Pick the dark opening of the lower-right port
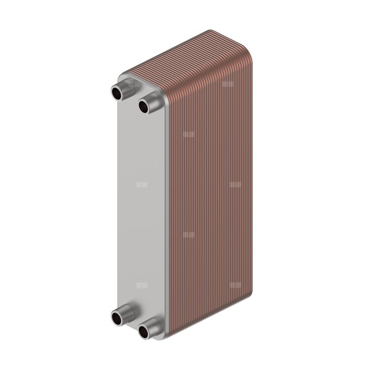(144, 333)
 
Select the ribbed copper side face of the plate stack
(210, 197)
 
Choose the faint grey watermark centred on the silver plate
(142, 184)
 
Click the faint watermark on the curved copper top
(228, 83)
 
